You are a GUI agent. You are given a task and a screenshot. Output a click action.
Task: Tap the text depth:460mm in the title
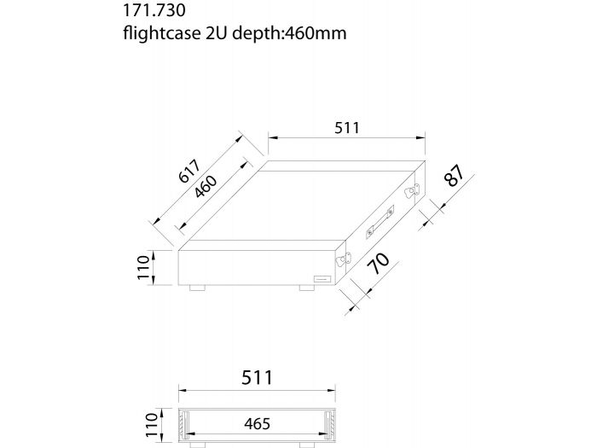(x=281, y=34)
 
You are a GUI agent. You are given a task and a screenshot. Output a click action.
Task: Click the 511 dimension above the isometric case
(x=345, y=127)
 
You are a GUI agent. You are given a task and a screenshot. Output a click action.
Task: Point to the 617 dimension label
(x=190, y=173)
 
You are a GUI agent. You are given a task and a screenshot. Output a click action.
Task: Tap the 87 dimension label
(x=454, y=177)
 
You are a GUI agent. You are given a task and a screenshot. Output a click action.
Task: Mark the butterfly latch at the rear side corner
(x=413, y=190)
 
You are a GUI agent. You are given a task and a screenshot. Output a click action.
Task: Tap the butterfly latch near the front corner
(x=344, y=260)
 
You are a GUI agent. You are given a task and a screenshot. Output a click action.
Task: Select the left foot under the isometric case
(x=197, y=289)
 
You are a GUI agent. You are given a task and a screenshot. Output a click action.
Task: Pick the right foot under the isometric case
(x=307, y=289)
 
